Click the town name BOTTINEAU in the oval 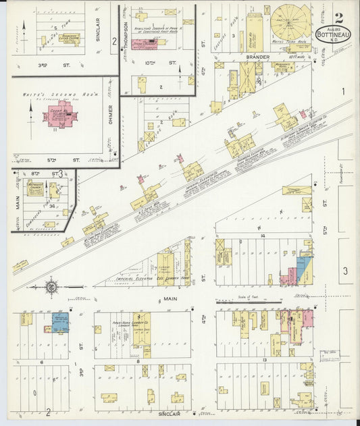click(334, 32)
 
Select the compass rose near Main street click(50, 288)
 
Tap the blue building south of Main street click(61, 322)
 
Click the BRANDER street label click(258, 57)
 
